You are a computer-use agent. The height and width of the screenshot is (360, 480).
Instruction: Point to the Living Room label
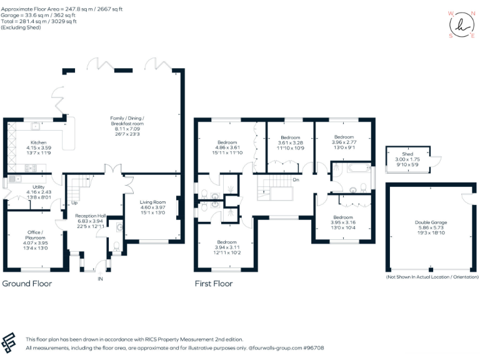152,202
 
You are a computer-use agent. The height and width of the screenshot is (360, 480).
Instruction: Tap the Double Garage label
431,222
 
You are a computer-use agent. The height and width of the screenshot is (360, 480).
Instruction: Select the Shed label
407,154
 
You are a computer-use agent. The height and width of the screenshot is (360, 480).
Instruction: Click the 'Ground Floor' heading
27,283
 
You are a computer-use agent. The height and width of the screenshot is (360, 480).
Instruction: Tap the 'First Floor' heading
213,283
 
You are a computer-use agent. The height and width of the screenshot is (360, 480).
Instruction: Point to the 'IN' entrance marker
100,279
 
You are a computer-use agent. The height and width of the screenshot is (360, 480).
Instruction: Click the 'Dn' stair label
295,180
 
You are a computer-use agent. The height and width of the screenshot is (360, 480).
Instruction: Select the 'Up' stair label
74,202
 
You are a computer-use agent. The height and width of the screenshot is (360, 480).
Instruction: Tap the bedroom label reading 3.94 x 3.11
227,242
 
